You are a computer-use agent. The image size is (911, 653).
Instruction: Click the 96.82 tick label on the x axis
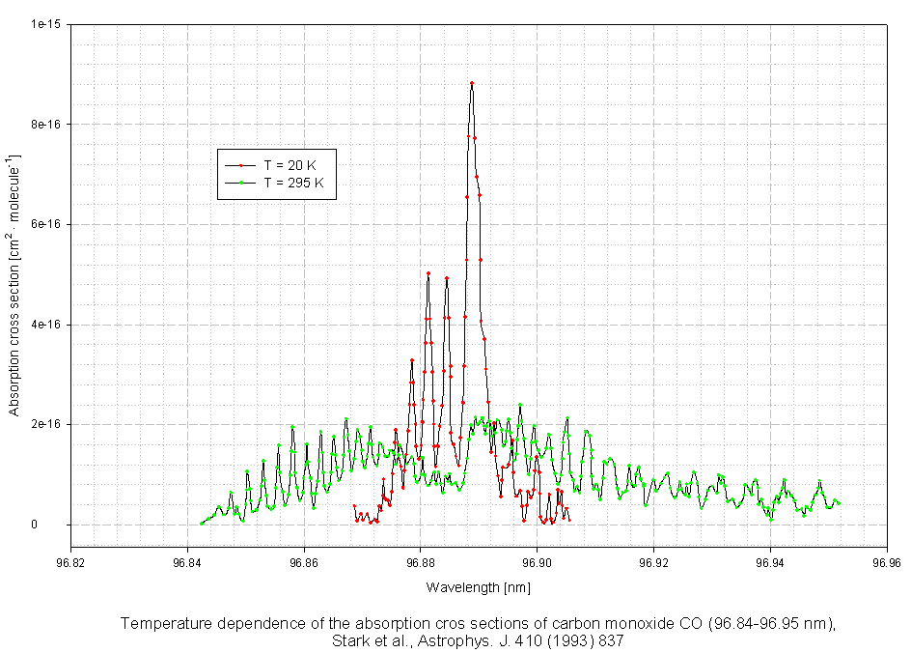(70, 559)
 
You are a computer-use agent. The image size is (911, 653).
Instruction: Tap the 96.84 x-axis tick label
(187, 559)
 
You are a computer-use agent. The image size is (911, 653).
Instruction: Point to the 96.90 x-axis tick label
(538, 559)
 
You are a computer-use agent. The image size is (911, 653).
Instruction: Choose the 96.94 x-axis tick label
(770, 559)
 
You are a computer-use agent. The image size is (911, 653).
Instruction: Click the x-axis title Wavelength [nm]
(479, 587)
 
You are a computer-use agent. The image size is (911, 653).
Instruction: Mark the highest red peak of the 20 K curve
(472, 83)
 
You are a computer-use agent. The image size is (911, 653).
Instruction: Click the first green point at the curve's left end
(202, 524)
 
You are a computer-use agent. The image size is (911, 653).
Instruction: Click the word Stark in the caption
(351, 640)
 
